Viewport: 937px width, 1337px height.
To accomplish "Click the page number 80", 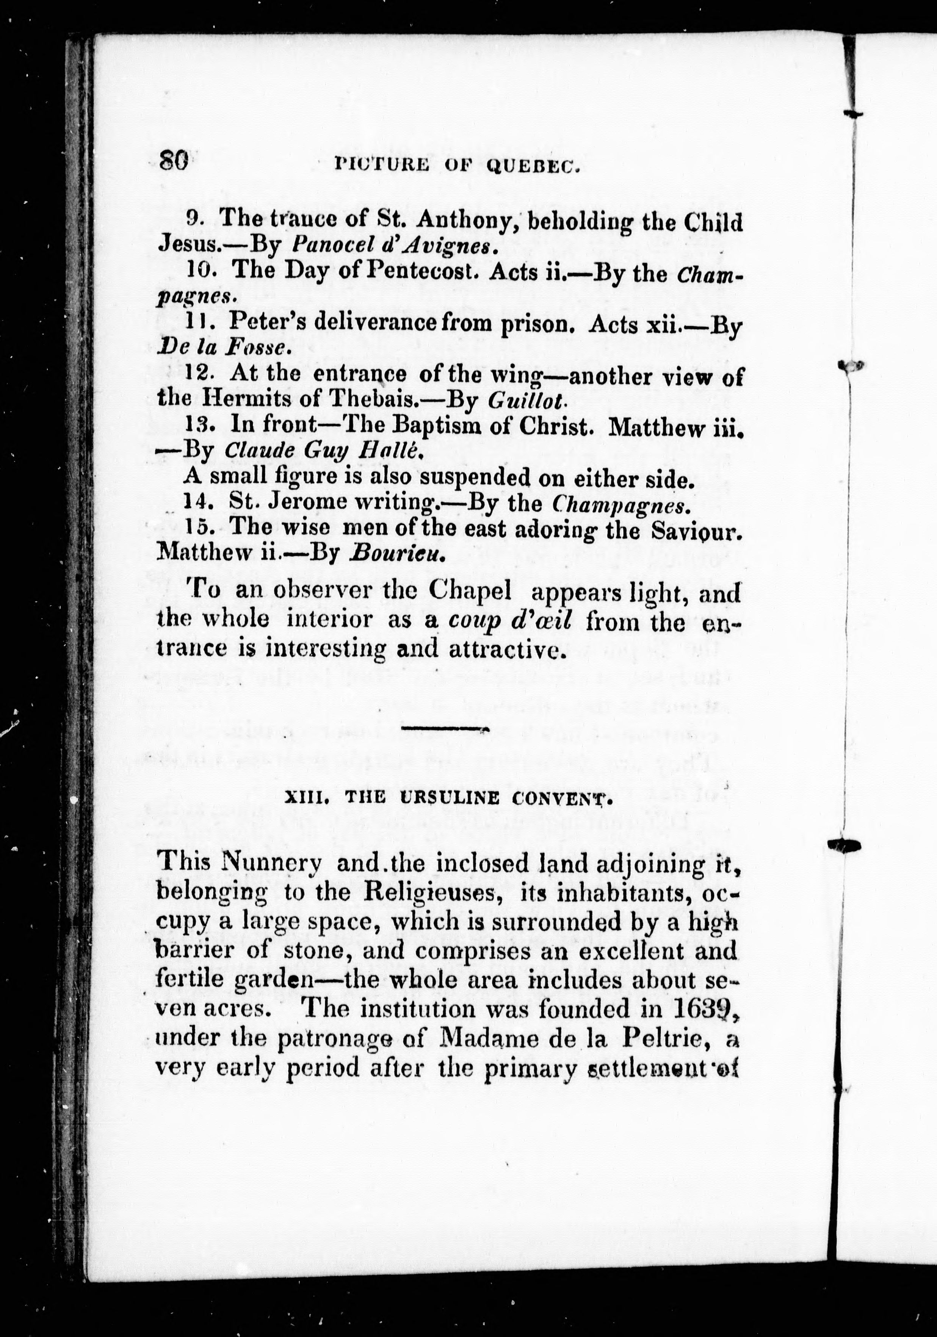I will (x=173, y=159).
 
